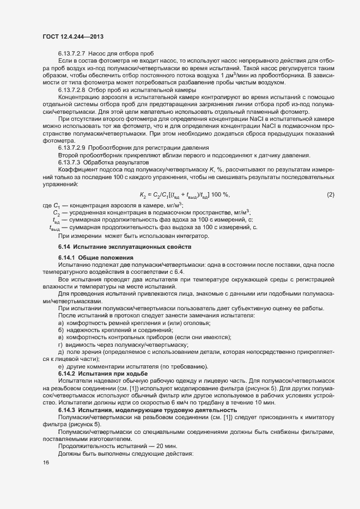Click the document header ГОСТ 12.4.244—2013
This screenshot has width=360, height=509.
[x=73, y=36]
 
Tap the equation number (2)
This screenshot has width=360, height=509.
[x=330, y=194]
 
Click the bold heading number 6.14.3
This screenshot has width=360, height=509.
[x=67, y=409]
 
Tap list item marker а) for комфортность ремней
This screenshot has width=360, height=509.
[x=60, y=323]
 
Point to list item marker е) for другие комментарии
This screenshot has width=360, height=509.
[x=60, y=366]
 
